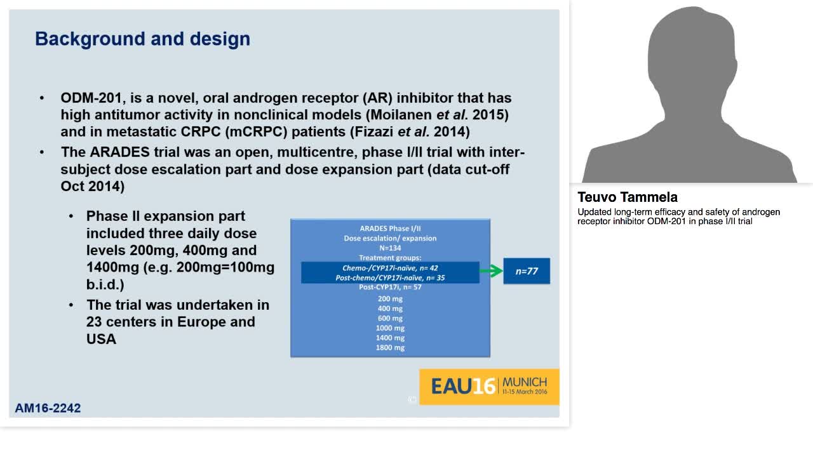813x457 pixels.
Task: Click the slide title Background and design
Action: [x=142, y=39]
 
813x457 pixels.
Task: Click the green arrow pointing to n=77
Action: [x=490, y=271]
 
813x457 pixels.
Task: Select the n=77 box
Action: [x=527, y=271]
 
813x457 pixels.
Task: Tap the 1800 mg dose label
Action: [x=390, y=347]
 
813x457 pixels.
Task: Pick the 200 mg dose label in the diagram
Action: [x=390, y=298]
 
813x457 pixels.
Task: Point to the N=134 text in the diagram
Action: [x=390, y=248]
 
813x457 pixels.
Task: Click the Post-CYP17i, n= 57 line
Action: [x=390, y=287]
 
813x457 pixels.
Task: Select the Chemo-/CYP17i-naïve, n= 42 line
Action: [x=390, y=268]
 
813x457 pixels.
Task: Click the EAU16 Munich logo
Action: [x=488, y=386]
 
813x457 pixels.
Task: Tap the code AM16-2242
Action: [x=48, y=408]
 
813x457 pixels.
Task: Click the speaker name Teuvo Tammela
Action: [x=628, y=197]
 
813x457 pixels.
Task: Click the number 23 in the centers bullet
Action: [x=95, y=322]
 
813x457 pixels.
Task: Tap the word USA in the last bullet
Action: [x=101, y=339]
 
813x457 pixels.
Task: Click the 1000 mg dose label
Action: [x=390, y=328]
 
